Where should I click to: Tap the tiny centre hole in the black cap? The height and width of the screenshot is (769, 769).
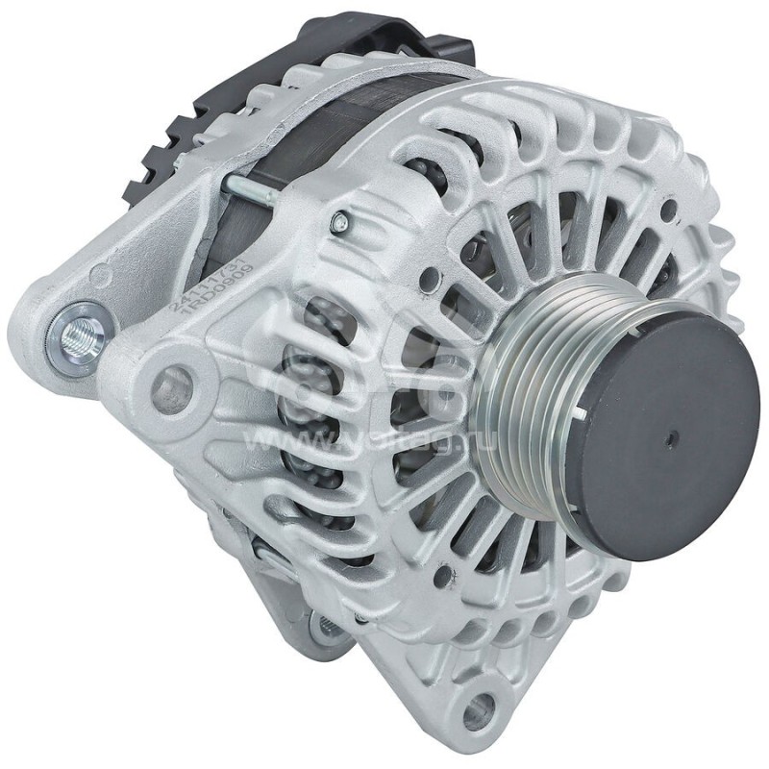pyautogui.click(x=669, y=437)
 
